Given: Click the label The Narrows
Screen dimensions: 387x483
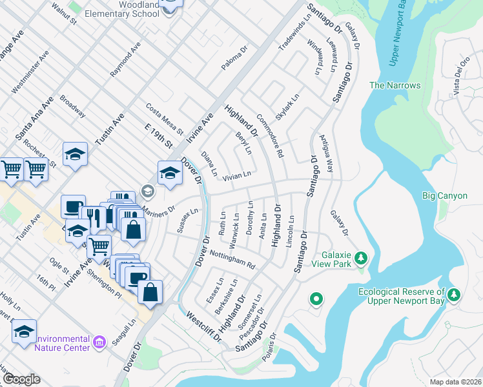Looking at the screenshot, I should (x=395, y=85).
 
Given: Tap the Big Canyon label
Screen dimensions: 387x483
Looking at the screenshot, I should (x=444, y=195).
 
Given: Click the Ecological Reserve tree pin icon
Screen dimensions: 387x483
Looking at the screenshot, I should (x=455, y=295).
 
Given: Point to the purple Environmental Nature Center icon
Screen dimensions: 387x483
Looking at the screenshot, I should (x=99, y=341).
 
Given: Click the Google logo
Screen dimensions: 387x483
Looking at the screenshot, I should (x=21, y=379).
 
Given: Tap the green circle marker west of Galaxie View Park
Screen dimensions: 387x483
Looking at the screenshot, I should (x=316, y=299).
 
